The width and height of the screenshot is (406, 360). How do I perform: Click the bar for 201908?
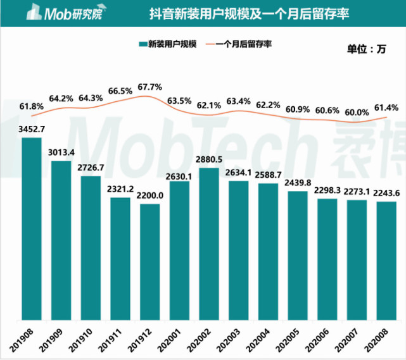[x=32, y=228]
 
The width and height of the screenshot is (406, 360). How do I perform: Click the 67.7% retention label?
[x=149, y=87]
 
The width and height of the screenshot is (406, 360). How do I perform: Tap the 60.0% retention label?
[x=357, y=112]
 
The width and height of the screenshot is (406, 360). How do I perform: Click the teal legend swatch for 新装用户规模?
[x=142, y=44]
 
